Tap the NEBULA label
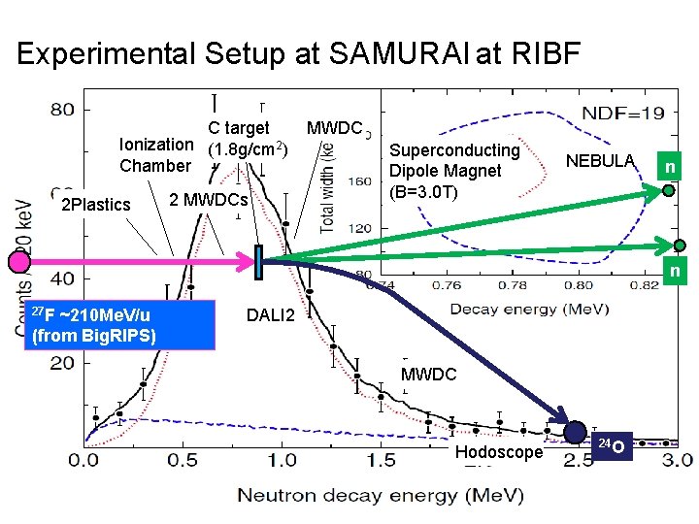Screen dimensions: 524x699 click(601, 160)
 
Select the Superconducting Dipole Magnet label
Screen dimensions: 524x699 click(454, 171)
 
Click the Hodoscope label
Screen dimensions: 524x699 click(499, 452)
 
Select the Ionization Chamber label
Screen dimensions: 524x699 click(156, 154)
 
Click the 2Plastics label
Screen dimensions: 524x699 click(95, 205)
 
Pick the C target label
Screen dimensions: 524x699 click(240, 127)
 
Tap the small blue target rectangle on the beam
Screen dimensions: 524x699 click(259, 262)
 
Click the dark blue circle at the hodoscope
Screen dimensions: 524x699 click(576, 433)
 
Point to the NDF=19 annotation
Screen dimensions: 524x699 click(623, 114)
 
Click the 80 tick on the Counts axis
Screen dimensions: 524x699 click(62, 109)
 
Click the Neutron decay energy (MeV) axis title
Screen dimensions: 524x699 click(380, 495)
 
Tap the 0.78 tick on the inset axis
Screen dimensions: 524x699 click(513, 286)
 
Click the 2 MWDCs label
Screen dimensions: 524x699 click(209, 200)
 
